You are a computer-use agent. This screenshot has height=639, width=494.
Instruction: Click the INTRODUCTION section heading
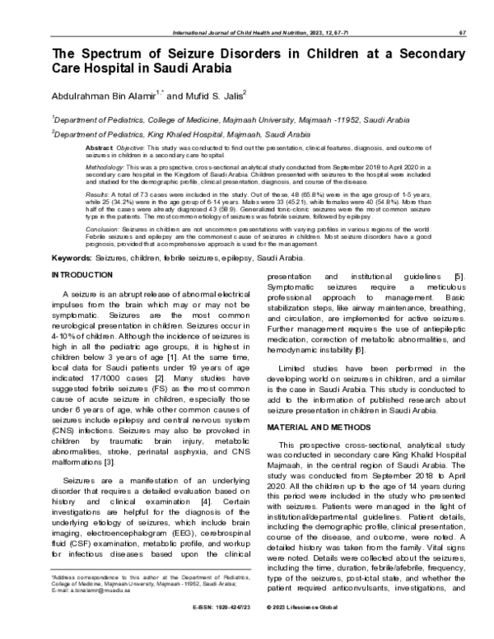[x=83, y=273]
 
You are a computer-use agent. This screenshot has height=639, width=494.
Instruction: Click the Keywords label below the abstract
[x=71, y=258]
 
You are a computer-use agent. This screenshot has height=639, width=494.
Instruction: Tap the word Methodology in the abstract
[x=105, y=165]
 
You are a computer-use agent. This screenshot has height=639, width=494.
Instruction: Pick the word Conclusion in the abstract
[x=102, y=227]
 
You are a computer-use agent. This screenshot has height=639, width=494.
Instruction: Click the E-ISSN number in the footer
[x=202, y=629]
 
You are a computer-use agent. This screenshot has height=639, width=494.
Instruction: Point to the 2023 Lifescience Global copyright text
[x=309, y=629]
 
